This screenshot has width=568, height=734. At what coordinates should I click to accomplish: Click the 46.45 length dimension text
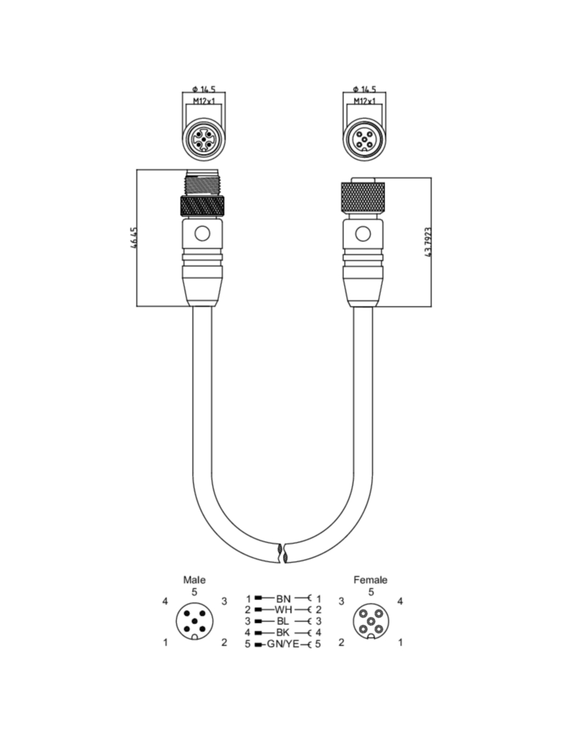click(x=134, y=238)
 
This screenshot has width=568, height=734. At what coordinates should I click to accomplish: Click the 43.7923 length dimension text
click(x=428, y=242)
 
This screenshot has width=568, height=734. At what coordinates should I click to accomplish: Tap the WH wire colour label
click(x=283, y=610)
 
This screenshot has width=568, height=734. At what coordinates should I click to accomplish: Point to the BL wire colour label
click(x=282, y=621)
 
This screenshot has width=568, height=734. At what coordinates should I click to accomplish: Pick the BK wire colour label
click(x=283, y=632)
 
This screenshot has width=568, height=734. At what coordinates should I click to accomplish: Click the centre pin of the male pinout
click(x=194, y=621)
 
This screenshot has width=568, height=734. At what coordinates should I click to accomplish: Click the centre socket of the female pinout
click(x=371, y=621)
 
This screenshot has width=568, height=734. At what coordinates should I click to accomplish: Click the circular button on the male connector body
click(x=202, y=234)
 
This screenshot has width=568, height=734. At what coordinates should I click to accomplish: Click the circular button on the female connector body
click(x=363, y=234)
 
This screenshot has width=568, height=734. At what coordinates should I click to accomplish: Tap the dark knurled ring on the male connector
click(x=202, y=206)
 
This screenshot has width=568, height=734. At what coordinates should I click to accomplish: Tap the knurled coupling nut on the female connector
click(x=363, y=199)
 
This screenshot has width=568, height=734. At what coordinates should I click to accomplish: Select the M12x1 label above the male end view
click(x=204, y=101)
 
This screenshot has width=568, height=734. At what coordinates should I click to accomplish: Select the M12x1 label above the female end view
click(x=364, y=101)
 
